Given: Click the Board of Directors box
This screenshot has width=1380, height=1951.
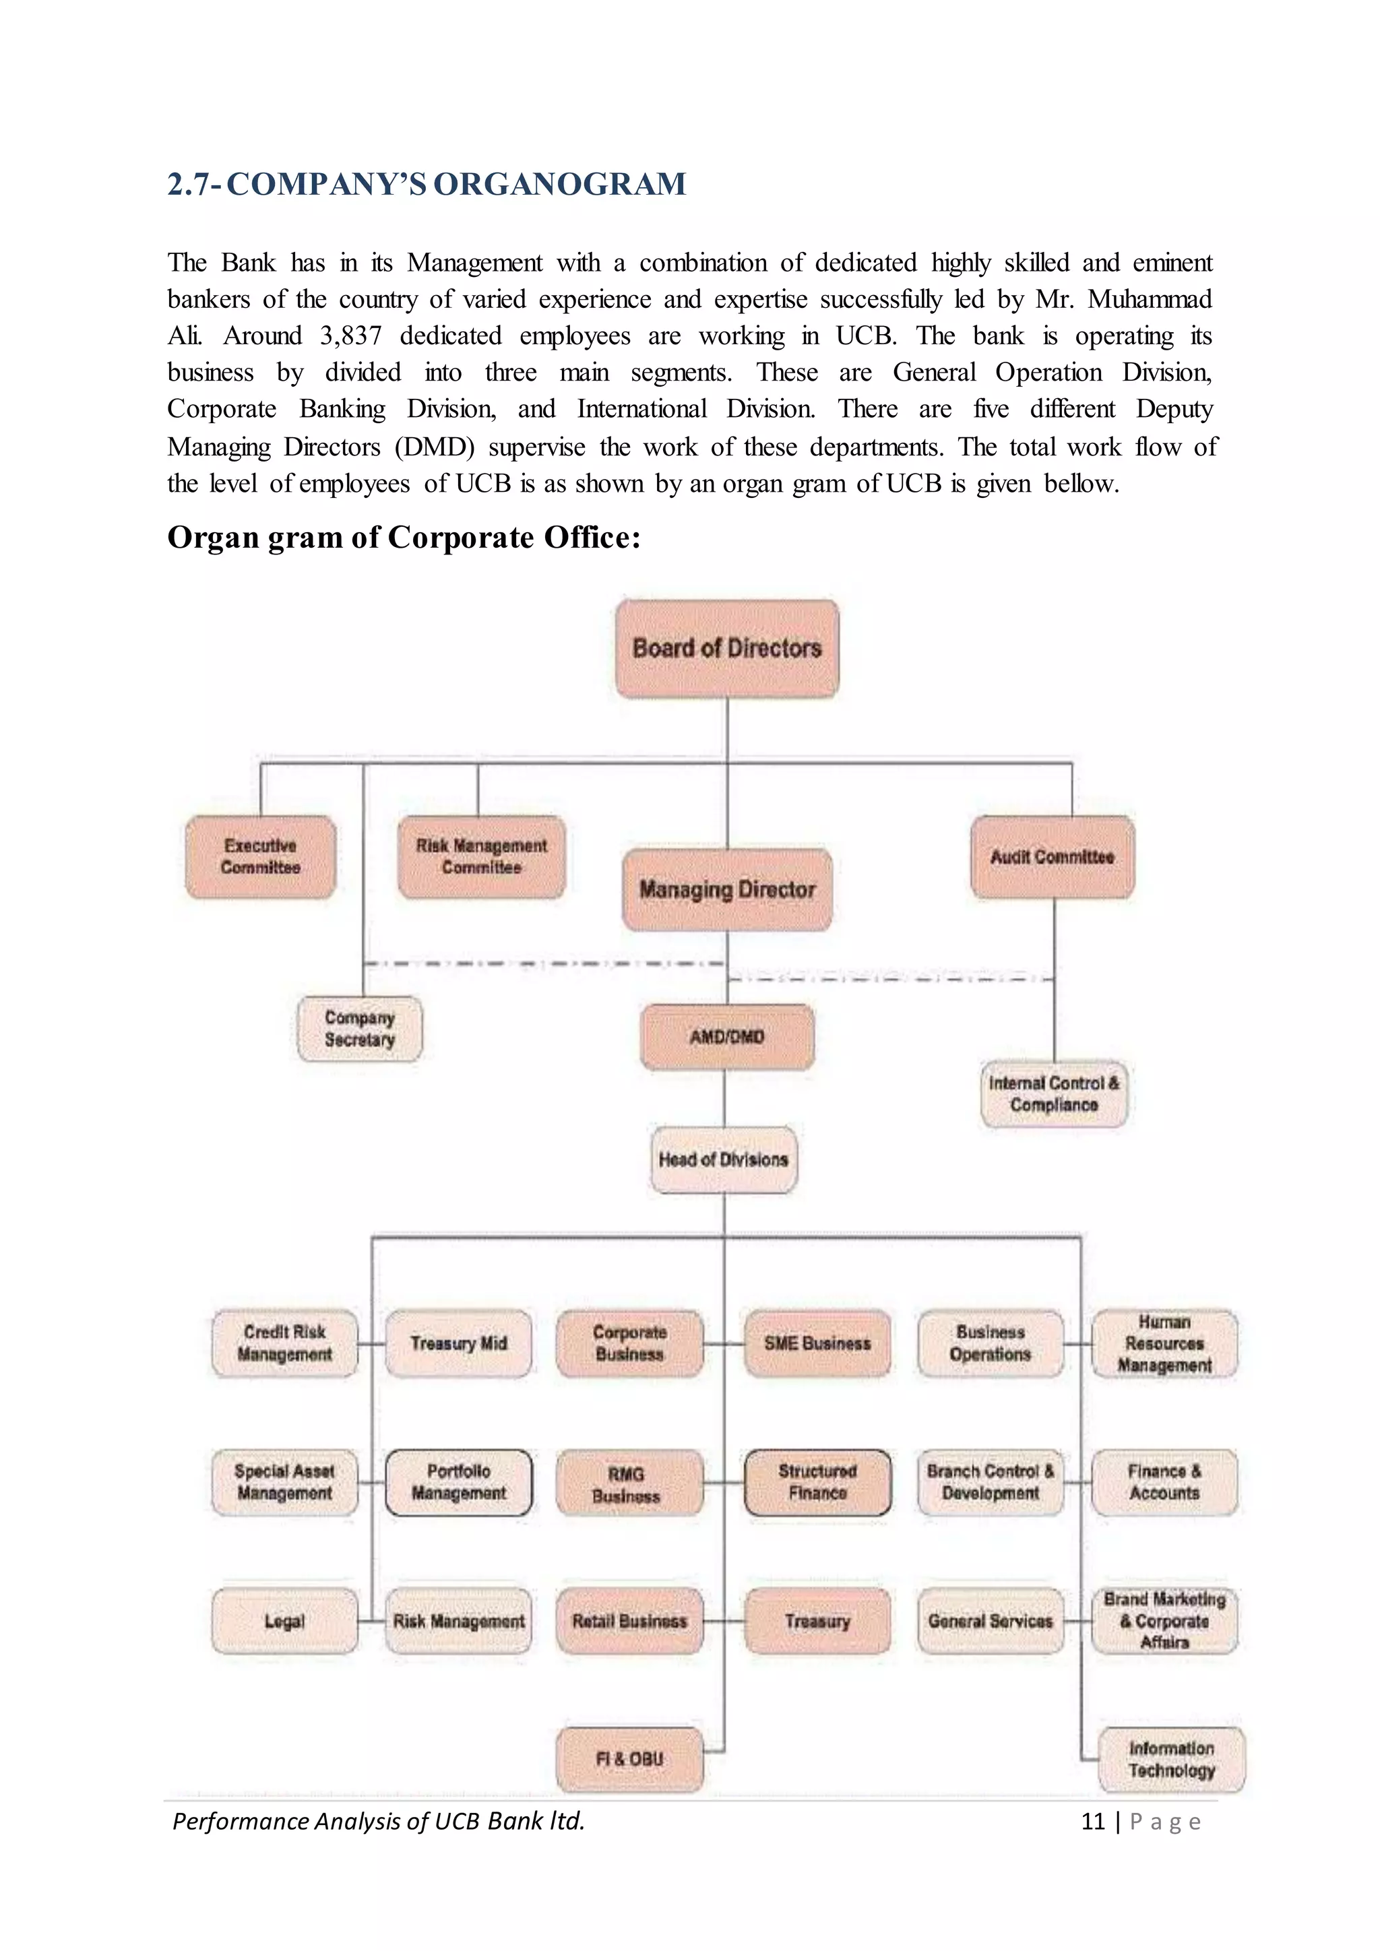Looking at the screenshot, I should [726, 648].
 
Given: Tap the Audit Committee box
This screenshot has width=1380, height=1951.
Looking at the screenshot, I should [1052, 856].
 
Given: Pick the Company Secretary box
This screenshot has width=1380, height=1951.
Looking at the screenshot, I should [359, 1028].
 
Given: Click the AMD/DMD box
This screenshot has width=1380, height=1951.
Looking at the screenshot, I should [726, 1037].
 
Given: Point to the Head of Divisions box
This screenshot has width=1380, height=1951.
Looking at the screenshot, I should [723, 1159].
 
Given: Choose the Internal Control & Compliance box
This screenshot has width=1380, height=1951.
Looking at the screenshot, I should [1054, 1093].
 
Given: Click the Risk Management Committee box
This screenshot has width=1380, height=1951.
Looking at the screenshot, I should [481, 856].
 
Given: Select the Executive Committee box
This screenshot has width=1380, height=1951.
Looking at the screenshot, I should [261, 856].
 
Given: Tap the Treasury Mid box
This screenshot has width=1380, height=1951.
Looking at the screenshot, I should [458, 1343].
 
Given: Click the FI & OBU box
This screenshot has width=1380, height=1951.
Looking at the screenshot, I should [629, 1758].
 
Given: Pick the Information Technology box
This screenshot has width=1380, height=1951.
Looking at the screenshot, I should [1171, 1759].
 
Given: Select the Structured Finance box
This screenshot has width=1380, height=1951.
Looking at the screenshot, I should [817, 1482].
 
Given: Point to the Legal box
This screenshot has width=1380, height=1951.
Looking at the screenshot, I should [284, 1620].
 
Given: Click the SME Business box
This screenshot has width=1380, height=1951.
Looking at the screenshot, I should [817, 1343].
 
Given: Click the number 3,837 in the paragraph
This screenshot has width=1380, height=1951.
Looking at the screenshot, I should [350, 335].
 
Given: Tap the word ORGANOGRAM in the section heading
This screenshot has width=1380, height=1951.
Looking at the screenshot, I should [559, 185].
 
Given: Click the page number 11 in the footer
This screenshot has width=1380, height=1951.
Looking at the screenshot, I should [1092, 1821].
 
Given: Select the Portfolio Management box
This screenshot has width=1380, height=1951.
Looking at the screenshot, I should [458, 1482].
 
